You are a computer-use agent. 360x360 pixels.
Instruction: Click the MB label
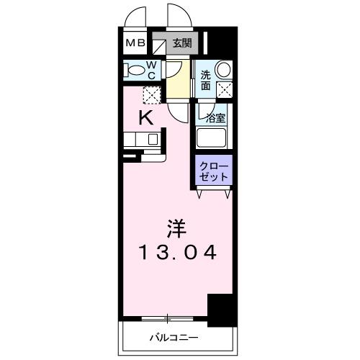[x=135, y=43]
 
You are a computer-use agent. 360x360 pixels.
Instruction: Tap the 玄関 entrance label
[x=182, y=43]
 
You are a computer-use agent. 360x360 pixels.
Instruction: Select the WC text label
[x=153, y=69]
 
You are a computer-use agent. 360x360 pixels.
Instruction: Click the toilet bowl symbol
[x=135, y=70]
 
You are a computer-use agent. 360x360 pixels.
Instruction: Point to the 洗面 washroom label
[x=206, y=80]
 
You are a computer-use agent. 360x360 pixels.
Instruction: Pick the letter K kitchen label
[x=145, y=118]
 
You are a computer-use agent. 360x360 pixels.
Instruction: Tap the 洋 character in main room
[x=177, y=229]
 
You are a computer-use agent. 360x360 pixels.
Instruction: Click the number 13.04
[x=176, y=253]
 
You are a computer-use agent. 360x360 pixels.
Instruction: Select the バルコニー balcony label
[x=174, y=336]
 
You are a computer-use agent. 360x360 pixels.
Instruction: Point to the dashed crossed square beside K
[x=151, y=94]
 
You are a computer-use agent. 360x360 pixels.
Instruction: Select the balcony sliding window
[x=168, y=318]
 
